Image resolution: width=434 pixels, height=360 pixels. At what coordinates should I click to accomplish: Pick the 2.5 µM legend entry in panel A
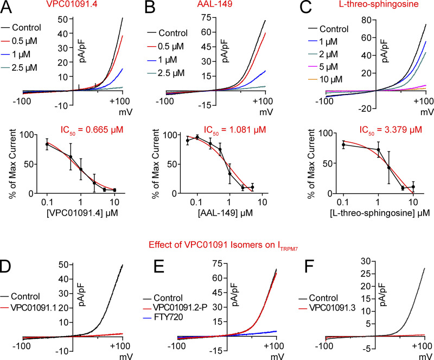pos(39,67)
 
